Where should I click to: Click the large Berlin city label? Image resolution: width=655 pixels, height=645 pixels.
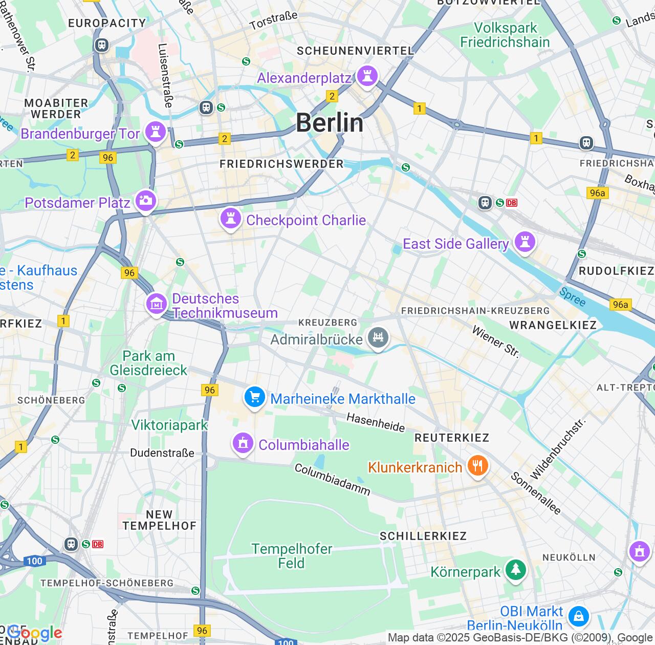[330, 123]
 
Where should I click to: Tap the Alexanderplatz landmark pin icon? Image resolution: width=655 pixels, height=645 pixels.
[366, 76]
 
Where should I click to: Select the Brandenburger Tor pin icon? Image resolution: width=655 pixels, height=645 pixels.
[155, 132]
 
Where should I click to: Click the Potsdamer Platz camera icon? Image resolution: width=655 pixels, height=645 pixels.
[146, 201]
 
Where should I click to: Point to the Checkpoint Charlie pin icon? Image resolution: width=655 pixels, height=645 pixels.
[230, 219]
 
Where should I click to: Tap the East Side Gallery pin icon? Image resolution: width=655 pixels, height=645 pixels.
[525, 242]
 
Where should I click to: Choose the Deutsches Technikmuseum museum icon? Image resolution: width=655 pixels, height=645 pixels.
[157, 304]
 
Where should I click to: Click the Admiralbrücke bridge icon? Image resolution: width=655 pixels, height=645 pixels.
[378, 338]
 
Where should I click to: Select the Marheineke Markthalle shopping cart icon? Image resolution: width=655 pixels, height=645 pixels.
[254, 397]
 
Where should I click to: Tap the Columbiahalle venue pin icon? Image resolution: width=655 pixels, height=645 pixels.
[243, 443]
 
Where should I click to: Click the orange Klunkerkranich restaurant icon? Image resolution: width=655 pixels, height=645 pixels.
[477, 466]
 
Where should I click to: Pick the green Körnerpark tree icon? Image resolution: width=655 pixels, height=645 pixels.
[515, 570]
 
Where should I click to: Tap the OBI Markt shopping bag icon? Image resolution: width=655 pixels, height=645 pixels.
[578, 616]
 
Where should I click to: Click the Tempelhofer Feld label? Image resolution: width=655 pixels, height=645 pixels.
[292, 556]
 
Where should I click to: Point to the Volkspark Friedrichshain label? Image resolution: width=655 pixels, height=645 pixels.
[505, 35]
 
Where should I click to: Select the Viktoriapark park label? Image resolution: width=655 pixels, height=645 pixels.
[169, 425]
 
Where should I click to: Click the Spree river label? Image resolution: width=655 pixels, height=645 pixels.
[572, 297]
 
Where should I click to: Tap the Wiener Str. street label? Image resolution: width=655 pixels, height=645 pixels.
[495, 341]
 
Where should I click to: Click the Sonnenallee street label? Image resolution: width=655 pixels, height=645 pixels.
[536, 493]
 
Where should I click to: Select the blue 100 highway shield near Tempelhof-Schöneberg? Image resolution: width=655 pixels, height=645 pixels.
[34, 561]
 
